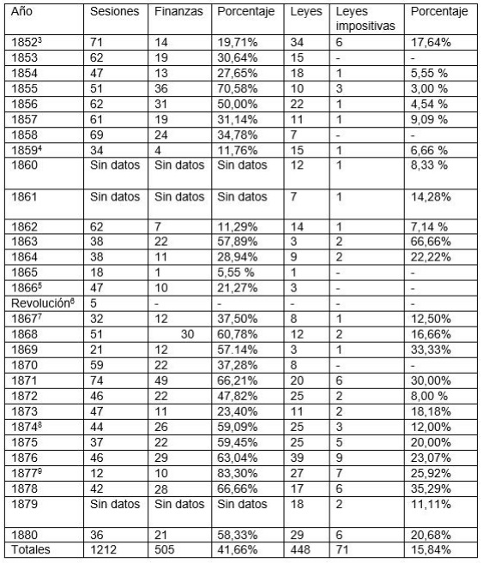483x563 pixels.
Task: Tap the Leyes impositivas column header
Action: (364, 20)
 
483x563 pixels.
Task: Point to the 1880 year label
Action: (24, 535)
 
